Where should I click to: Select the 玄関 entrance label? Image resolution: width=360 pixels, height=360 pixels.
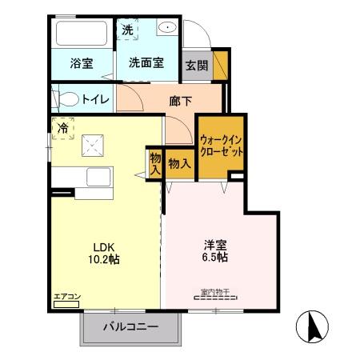pyautogui.click(x=196, y=66)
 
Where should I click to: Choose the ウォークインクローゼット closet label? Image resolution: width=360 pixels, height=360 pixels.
pyautogui.click(x=221, y=145)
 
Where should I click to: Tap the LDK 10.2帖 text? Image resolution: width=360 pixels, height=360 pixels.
pyautogui.click(x=104, y=252)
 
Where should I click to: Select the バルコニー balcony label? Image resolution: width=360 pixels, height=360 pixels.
pyautogui.click(x=131, y=327)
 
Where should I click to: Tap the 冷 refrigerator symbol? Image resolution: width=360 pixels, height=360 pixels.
pyautogui.click(x=63, y=127)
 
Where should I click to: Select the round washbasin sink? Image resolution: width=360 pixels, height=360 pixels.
pyautogui.click(x=167, y=29)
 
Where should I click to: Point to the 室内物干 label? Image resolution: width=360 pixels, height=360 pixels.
pyautogui.click(x=214, y=292)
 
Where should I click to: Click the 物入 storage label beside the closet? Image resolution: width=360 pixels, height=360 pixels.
pyautogui.click(x=180, y=163)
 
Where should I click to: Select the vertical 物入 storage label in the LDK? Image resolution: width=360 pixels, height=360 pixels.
pyautogui.click(x=154, y=163)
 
